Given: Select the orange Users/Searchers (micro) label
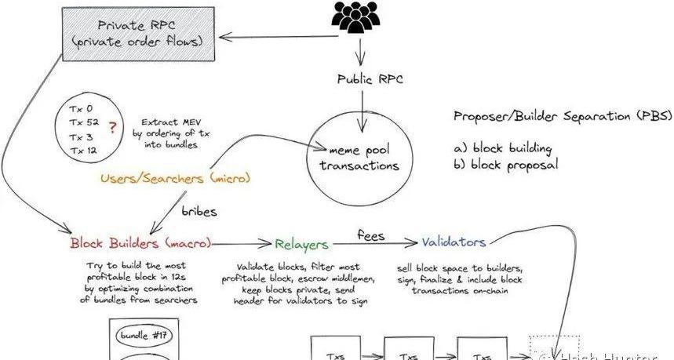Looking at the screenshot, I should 175,179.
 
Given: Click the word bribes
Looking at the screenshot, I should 199,212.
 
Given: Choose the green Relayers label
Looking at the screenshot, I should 301,243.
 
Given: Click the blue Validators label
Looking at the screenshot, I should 454,242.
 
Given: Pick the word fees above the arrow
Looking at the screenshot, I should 370,234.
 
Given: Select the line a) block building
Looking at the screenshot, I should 502,148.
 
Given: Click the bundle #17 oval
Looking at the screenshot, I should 145,336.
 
